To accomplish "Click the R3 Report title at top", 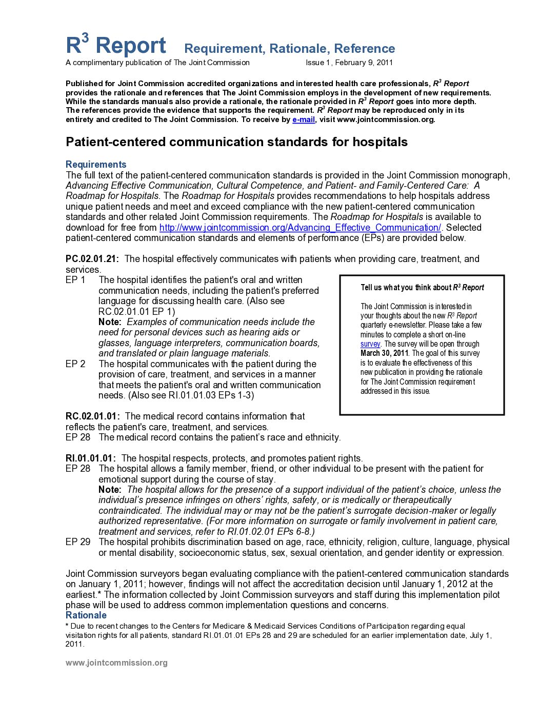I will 116,46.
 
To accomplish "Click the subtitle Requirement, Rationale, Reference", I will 289,49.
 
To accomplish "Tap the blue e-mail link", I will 303,119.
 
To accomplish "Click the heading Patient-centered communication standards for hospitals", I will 236,142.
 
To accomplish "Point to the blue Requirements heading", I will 96,165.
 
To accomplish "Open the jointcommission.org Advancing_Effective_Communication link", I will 300,228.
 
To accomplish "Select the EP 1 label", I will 75,280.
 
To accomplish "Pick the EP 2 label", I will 75,364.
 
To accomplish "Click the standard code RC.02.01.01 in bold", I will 92,416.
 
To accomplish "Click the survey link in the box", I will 370,344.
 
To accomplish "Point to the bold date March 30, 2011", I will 384,353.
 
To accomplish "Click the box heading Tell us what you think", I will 422,288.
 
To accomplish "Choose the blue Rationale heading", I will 86,615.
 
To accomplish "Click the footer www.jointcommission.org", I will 116,663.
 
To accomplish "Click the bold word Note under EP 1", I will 110,322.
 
